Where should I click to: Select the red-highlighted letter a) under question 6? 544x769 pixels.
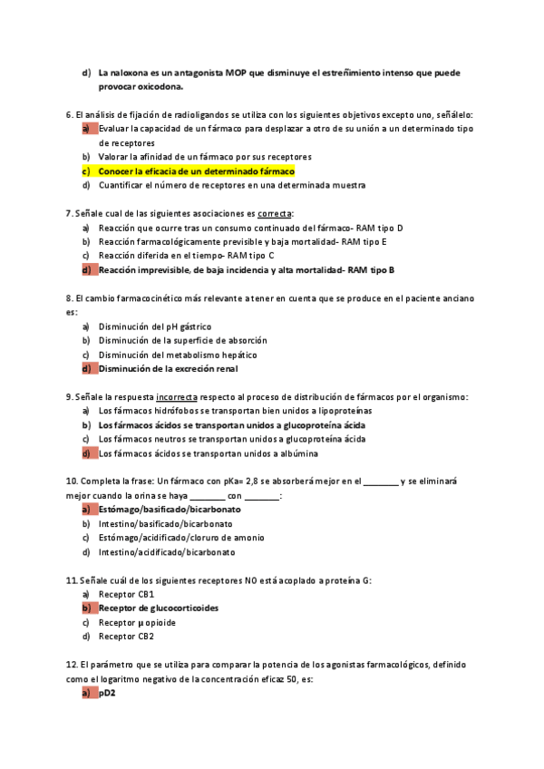(x=87, y=129)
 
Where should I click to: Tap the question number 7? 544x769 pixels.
(x=69, y=213)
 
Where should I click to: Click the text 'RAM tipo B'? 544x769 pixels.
(x=372, y=269)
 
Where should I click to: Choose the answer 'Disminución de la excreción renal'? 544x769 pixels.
(x=181, y=368)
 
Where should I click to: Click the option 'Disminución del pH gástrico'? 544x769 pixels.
(x=155, y=326)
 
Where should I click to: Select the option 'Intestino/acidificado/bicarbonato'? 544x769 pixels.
(x=166, y=551)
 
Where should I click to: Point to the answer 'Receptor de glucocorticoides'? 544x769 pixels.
(x=159, y=608)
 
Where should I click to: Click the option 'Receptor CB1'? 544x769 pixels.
(x=126, y=594)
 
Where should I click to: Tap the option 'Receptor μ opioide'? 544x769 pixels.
(x=137, y=622)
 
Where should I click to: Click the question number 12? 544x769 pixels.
(x=72, y=665)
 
